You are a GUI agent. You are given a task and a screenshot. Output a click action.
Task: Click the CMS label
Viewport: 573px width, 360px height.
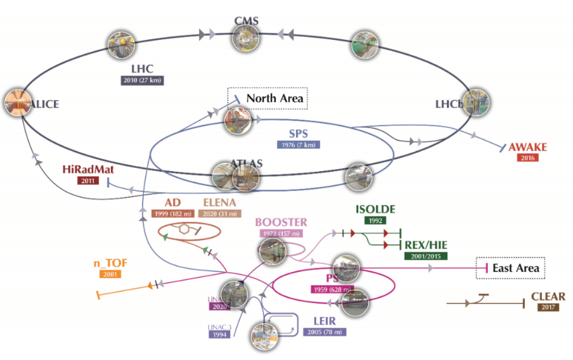(246, 22)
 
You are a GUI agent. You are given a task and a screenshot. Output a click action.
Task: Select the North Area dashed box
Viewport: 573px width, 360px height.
(267, 98)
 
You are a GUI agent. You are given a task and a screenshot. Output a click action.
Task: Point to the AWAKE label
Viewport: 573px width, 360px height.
(527, 147)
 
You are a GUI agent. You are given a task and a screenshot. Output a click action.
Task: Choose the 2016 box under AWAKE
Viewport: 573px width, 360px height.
(527, 158)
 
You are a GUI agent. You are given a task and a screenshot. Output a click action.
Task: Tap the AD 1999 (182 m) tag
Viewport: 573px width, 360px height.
(173, 214)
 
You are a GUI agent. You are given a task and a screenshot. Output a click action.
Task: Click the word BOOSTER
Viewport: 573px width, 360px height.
(281, 222)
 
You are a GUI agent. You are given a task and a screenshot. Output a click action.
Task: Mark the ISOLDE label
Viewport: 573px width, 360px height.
(375, 209)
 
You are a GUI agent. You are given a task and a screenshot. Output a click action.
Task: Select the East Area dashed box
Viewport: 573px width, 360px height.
(510, 268)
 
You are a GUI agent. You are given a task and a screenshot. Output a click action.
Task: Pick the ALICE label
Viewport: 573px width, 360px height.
(41, 105)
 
